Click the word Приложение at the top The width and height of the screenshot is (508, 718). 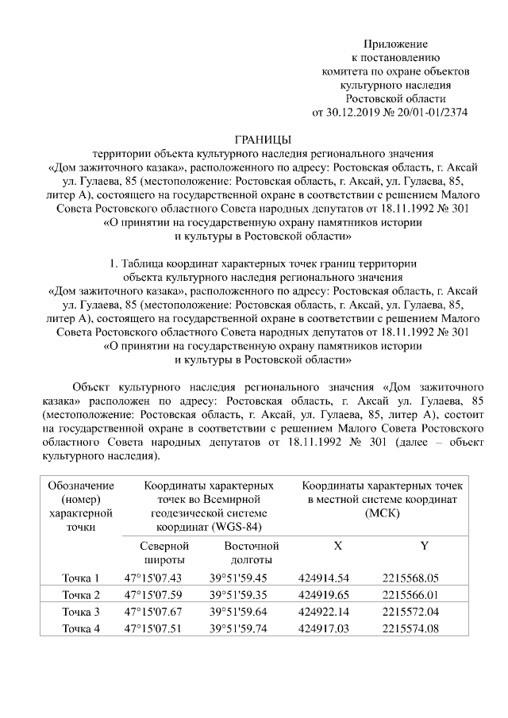click(395, 43)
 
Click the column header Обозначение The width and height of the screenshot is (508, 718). click(81, 485)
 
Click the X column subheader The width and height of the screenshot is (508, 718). click(337, 547)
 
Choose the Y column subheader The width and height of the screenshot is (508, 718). click(423, 547)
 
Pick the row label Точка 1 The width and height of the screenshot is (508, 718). click(81, 578)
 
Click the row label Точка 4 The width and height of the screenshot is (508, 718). click(81, 629)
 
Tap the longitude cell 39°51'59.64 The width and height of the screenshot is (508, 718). click(238, 612)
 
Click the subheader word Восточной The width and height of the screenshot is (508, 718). click(252, 547)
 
